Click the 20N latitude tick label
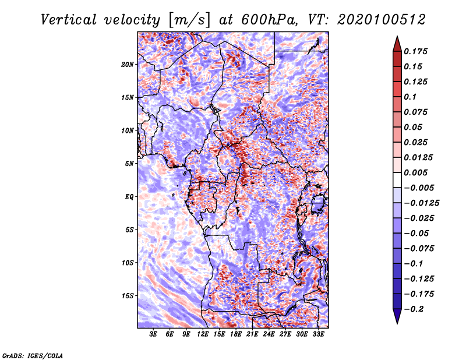pos(128,65)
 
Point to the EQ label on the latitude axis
pos(129,197)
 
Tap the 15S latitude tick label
pos(128,296)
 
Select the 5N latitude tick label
pos(129,164)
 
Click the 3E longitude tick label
pos(153,334)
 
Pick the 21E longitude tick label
pos(252,334)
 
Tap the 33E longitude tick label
pos(318,334)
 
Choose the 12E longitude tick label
pos(203,334)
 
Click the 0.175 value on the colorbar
pos(415,51)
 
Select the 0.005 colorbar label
pos(415,172)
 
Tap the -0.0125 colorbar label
pos(421,203)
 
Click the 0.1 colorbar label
pos(410,97)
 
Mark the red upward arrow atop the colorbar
pos(397,44)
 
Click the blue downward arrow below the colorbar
pos(397,316)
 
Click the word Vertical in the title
pos(69,20)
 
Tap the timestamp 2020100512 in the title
pos(382,20)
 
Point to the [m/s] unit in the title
pos(189,20)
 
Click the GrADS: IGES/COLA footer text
pos(33,355)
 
